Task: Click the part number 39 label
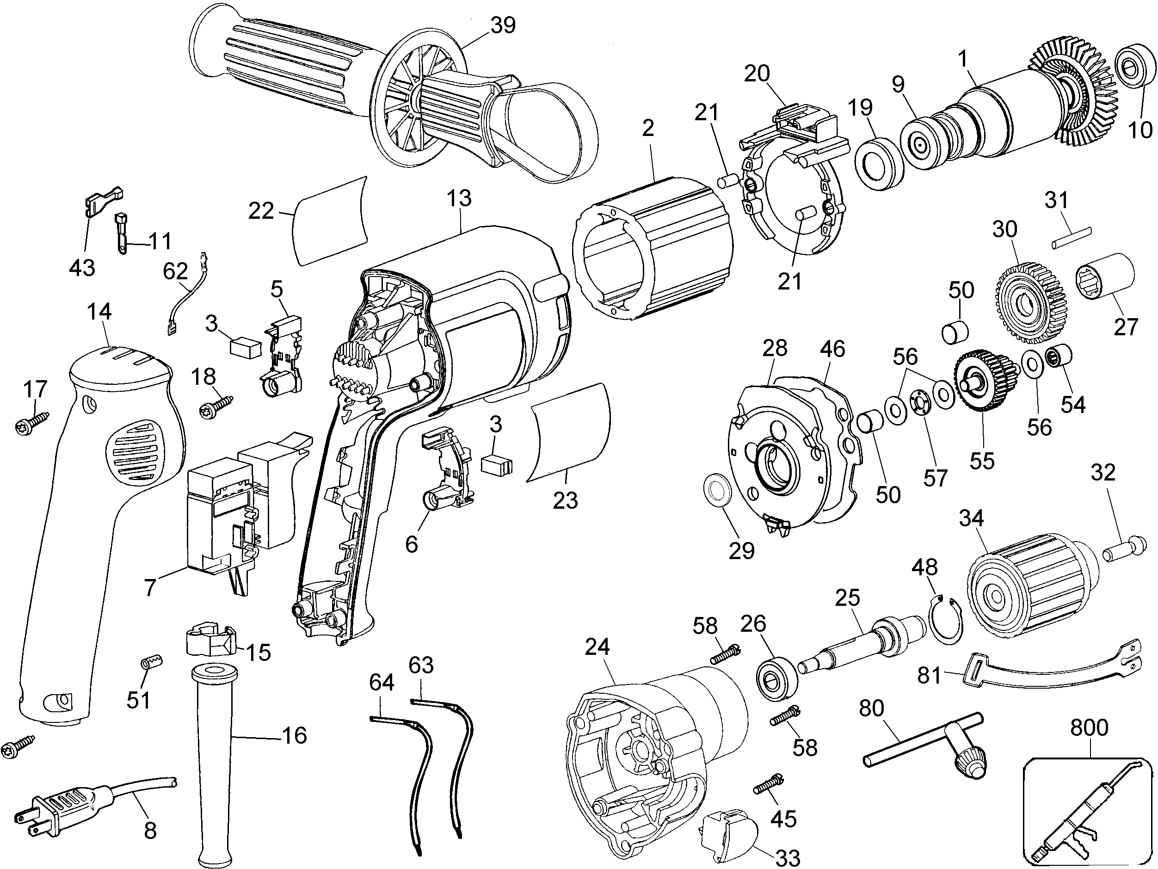click(x=503, y=25)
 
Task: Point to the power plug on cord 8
click(x=63, y=798)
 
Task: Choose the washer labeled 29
click(x=717, y=492)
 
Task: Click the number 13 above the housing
click(x=459, y=198)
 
